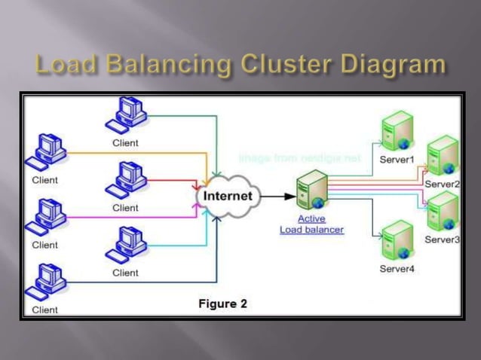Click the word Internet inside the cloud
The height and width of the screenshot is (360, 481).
(x=230, y=197)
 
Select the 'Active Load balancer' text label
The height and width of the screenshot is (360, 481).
(x=311, y=224)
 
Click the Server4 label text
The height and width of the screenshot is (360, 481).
(x=397, y=269)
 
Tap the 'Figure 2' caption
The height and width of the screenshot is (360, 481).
(x=222, y=304)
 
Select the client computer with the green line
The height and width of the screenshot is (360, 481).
(x=124, y=115)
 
